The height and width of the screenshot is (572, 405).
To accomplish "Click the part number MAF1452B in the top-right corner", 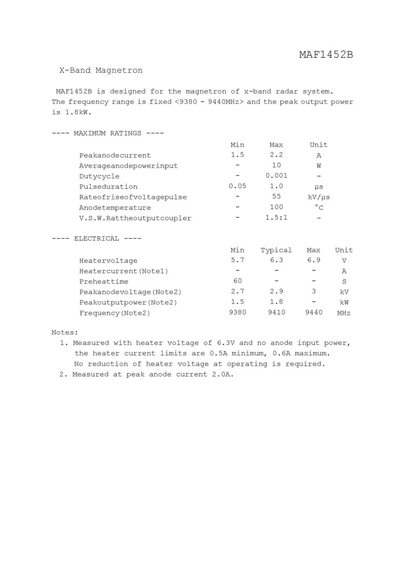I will pos(326,55).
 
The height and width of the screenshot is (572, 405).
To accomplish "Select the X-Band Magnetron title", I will pos(101,70).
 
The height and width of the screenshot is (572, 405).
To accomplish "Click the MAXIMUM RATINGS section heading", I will pos(108,133).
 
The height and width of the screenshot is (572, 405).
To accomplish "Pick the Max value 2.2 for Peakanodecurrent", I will pos(276,155).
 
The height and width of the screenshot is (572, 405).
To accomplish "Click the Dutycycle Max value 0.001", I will pos(276,176).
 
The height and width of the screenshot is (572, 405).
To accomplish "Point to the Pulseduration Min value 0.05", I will pos(237,186).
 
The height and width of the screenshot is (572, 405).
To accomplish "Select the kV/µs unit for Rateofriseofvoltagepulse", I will pos(319,197).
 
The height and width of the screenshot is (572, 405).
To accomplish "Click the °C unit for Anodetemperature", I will pos(319,207).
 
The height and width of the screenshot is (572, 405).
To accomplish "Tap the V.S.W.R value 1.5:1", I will pos(276,218).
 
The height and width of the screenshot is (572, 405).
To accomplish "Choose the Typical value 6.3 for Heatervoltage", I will pos(276,260).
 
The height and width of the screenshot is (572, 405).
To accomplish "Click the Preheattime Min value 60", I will pos(237,281).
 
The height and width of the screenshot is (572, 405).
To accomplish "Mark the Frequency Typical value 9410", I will pos(276,313).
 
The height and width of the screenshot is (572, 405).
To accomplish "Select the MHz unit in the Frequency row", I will pos(344,313).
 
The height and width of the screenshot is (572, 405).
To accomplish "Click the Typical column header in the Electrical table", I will pos(276,250).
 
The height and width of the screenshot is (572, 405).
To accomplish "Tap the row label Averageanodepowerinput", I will pos(128,166).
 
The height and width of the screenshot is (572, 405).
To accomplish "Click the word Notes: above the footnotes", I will pos(65,333).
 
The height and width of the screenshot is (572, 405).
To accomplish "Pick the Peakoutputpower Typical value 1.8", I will pos(276,302).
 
